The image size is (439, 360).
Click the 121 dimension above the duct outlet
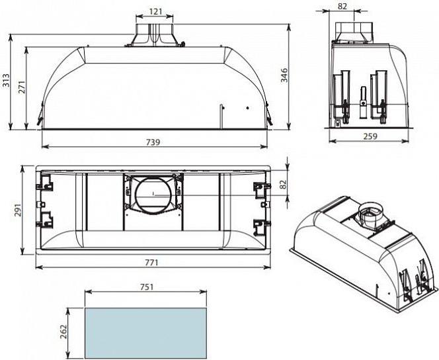[155, 11]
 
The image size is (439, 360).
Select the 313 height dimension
[5, 80]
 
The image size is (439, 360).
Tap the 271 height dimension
[22, 87]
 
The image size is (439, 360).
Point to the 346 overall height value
[284, 75]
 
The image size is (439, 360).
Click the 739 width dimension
[153, 142]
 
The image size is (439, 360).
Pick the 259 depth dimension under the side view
[370, 136]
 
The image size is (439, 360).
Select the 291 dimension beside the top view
[17, 210]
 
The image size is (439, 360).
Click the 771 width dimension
[151, 263]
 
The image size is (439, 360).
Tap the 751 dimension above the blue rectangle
[147, 287]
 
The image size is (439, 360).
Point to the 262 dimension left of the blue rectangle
[64, 332]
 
